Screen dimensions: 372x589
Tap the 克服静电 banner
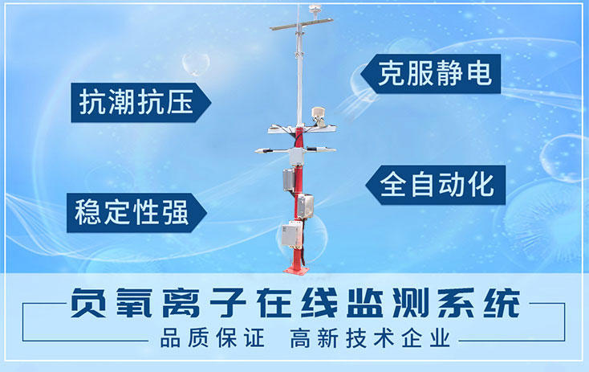429,73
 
